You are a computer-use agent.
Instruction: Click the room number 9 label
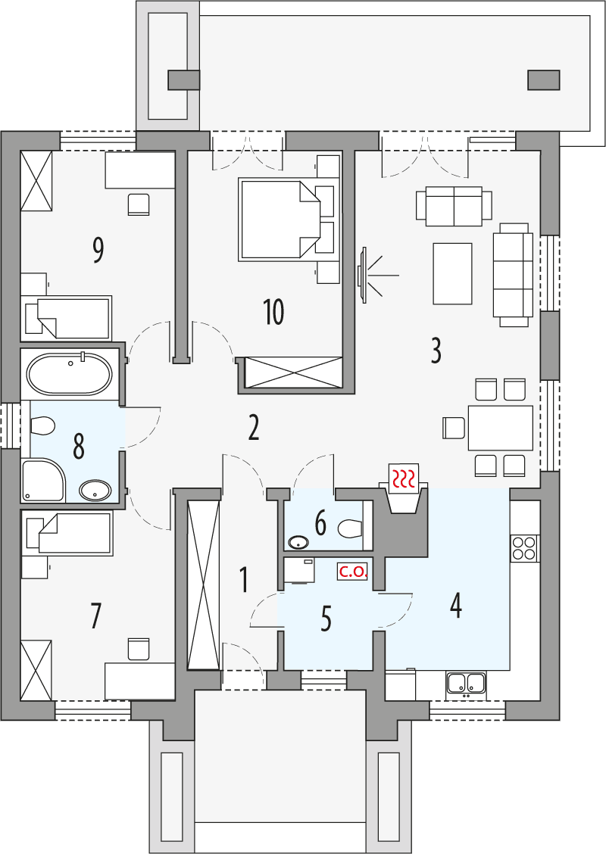[97, 251]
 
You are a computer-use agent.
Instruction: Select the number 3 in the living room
[436, 351]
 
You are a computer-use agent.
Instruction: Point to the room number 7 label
[95, 616]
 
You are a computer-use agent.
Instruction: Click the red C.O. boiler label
[353, 572]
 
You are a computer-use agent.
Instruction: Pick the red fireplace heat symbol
[403, 477]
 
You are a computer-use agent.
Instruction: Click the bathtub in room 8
[69, 374]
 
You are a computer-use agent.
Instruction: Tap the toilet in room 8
[42, 427]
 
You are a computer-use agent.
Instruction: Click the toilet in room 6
[350, 527]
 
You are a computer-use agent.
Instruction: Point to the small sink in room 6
[298, 542]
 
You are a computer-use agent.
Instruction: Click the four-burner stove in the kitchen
[524, 547]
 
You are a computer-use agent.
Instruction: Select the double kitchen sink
[466, 683]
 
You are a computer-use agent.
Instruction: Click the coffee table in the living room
[452, 273]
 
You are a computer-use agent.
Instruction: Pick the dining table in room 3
[500, 428]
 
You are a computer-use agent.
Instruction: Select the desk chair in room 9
[139, 204]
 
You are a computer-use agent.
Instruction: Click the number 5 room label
[326, 619]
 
